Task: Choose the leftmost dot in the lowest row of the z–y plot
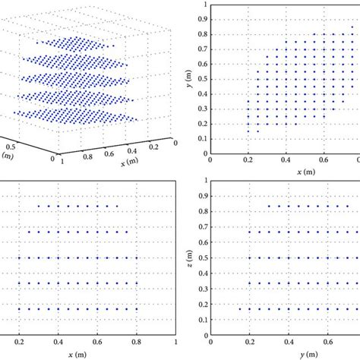point(240,309)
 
